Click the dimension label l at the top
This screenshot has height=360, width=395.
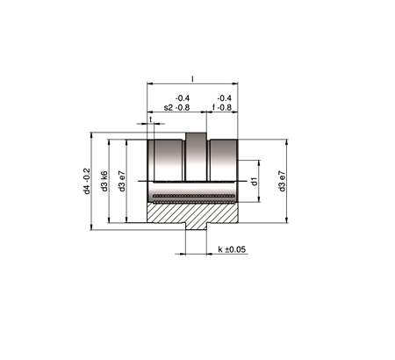tap(192, 79)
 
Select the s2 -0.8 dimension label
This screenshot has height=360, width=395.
tap(176, 107)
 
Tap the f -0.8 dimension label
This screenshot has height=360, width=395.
tap(222, 107)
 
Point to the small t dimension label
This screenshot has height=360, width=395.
tap(151, 119)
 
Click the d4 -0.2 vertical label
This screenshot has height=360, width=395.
tap(87, 181)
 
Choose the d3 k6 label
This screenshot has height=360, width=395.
tap(104, 181)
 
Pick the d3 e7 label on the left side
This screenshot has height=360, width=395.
tap(122, 181)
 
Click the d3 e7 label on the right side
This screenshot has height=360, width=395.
tap(282, 181)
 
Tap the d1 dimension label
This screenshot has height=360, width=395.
tap(255, 181)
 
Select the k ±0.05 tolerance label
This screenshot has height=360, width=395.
tap(232, 249)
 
